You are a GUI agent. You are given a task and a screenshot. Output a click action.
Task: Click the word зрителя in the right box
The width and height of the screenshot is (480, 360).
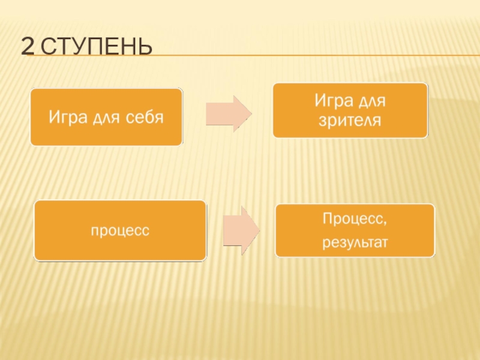pyautogui.click(x=350, y=120)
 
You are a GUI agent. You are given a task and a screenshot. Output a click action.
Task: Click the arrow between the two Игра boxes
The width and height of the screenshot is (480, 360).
pyautogui.click(x=228, y=113)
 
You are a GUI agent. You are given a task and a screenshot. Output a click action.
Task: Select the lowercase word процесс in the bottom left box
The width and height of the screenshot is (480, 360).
pyautogui.click(x=120, y=230)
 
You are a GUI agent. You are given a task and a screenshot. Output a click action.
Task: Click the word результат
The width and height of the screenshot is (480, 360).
pyautogui.click(x=355, y=243)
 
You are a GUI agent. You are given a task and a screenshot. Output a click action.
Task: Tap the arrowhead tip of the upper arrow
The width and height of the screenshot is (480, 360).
pyautogui.click(x=251, y=113)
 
